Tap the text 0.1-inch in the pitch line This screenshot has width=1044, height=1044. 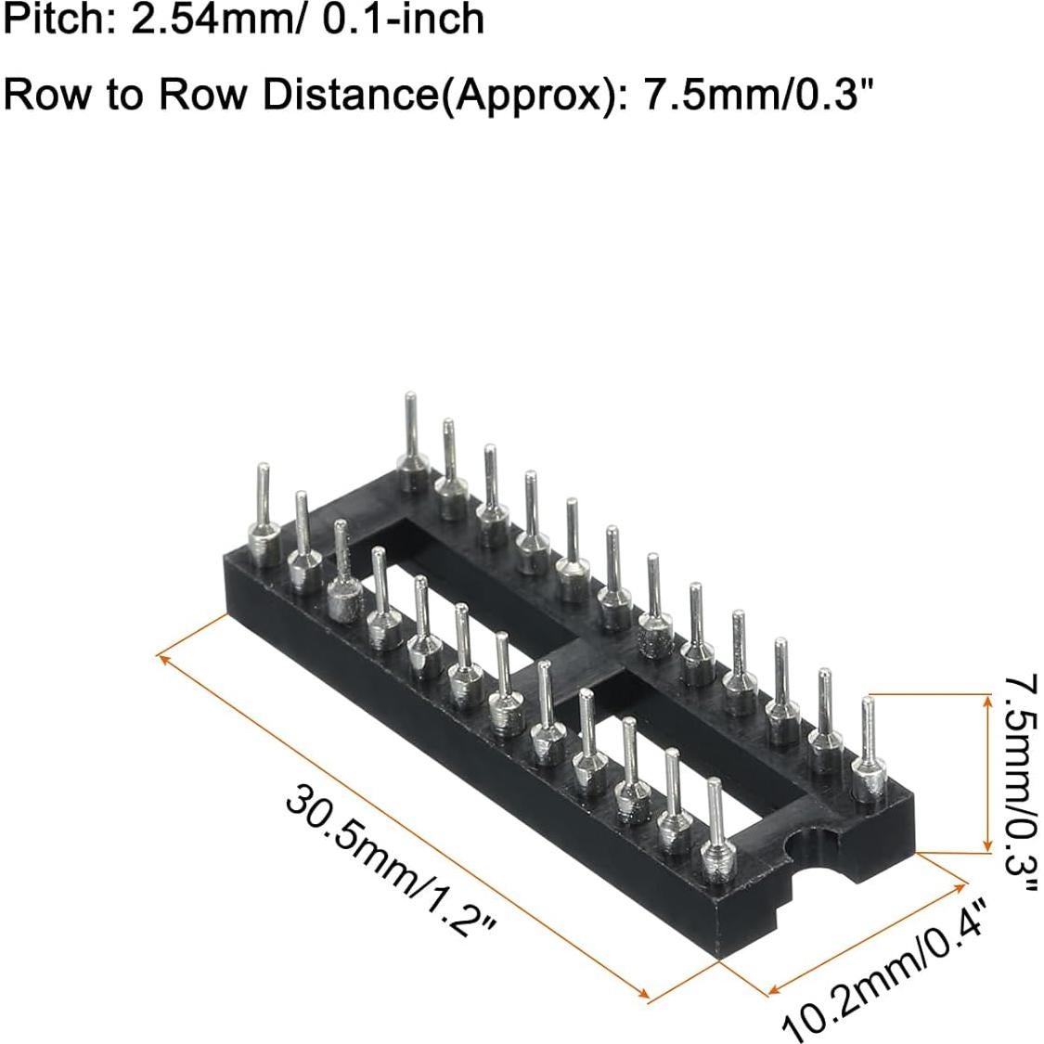(401, 19)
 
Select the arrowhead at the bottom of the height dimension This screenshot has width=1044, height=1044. (986, 845)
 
